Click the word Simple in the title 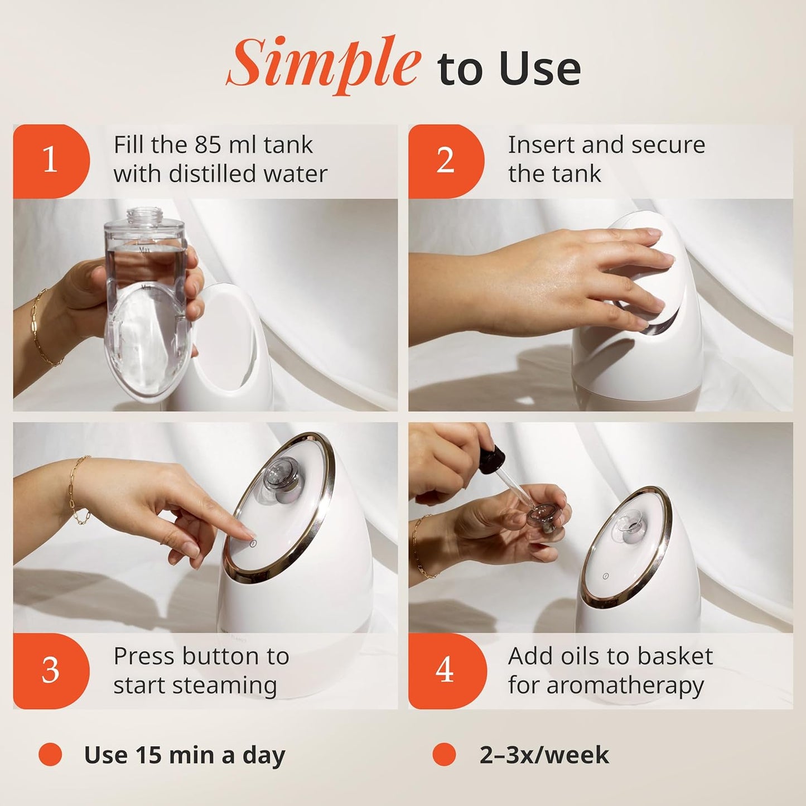click(324, 64)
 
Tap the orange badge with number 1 click(51, 161)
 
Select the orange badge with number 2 click(445, 161)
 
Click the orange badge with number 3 click(51, 670)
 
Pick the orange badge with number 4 click(445, 670)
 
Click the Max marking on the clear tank click(145, 250)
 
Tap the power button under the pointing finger click(253, 543)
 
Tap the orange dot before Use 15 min click(50, 755)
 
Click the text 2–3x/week click(544, 755)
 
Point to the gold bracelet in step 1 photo click(45, 329)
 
